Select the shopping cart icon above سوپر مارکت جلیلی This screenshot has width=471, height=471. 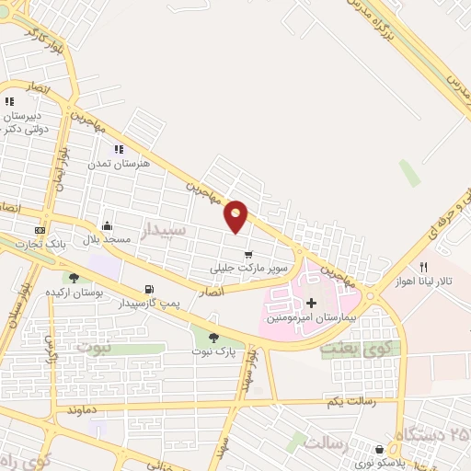point(247,255)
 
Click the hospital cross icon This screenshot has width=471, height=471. point(311,303)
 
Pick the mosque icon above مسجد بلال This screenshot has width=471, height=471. point(108,225)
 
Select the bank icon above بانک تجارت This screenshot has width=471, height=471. point(40,229)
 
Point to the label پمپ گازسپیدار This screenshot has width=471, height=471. point(149,304)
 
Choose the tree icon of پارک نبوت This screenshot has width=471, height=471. point(213,338)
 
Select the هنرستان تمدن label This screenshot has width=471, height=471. point(111,163)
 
